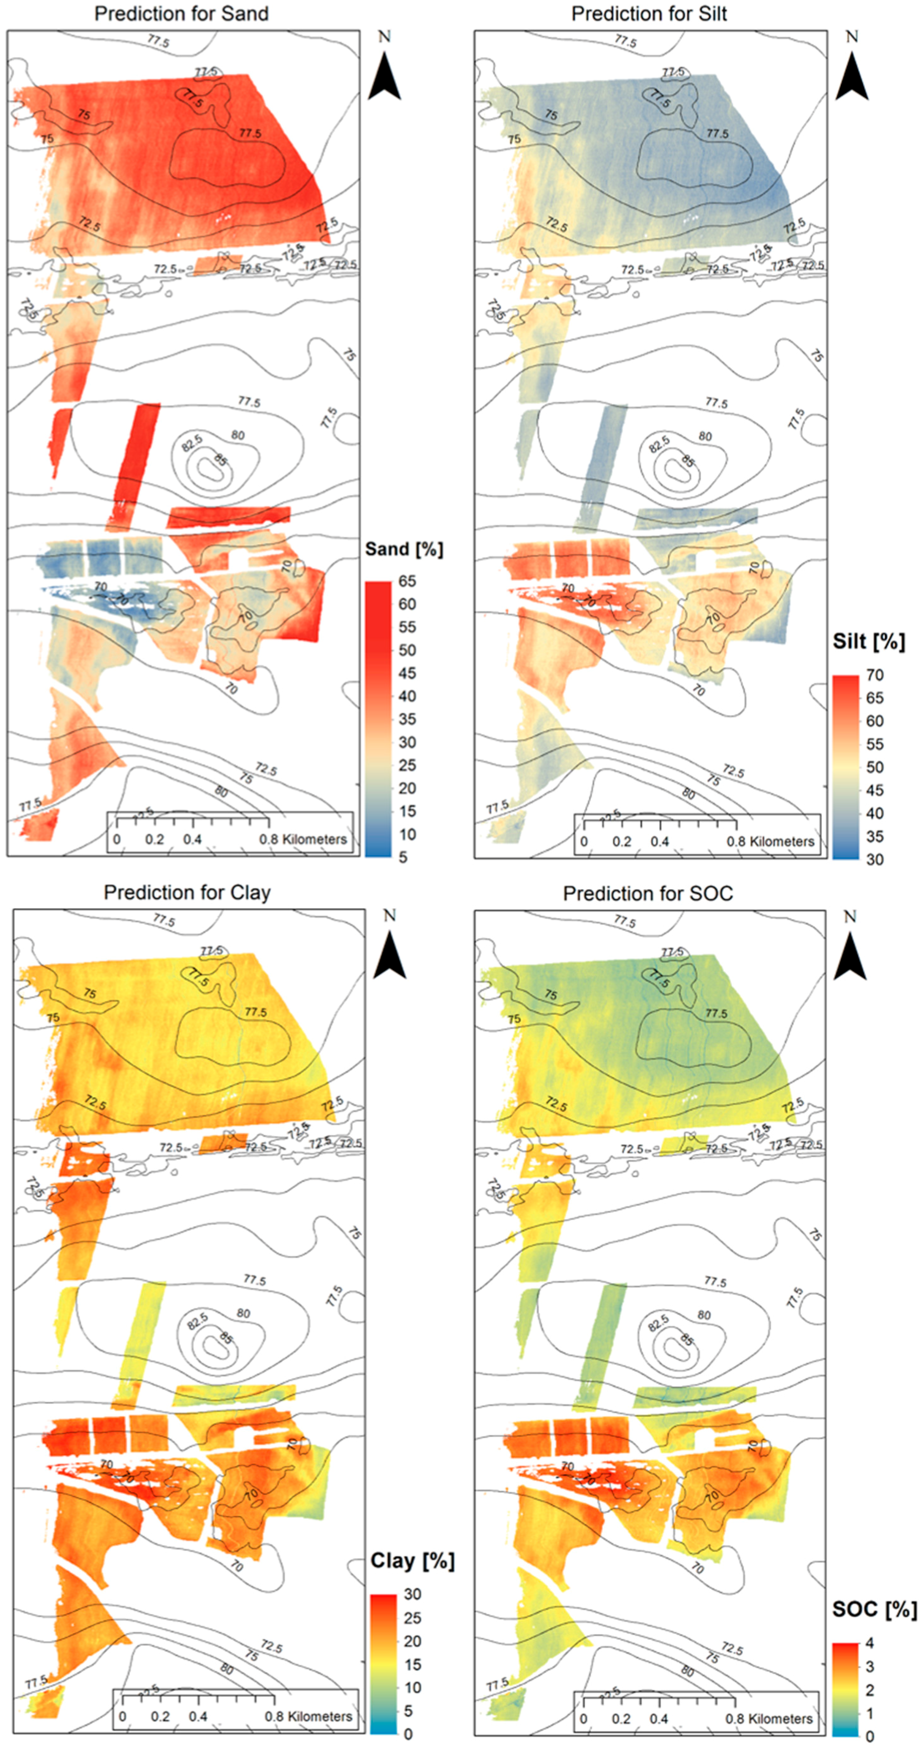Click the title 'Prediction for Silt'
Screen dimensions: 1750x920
649,13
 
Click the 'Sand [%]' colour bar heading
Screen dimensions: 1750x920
403,549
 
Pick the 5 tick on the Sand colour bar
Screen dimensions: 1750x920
403,857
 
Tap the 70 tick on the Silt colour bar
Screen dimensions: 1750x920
875,675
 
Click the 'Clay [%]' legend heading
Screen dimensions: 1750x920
412,1561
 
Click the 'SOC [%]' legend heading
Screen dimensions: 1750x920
874,1609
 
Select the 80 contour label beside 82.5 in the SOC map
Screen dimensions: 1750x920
704,1315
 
